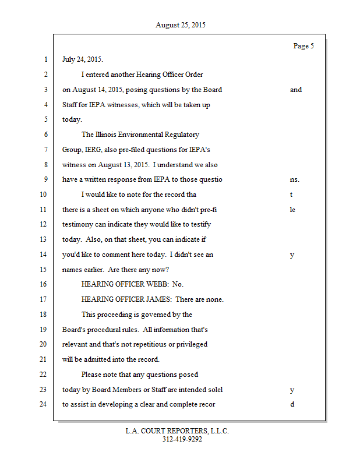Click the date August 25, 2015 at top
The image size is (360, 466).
coord(180,25)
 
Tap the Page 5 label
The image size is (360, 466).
coord(303,46)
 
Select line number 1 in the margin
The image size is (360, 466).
coord(45,59)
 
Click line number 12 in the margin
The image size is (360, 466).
coord(44,224)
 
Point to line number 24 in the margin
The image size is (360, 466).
coord(44,404)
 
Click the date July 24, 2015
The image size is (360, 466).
coord(83,59)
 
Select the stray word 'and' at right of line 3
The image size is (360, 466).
coord(296,90)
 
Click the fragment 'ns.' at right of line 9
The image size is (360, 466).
coord(294,179)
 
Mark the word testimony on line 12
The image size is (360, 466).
coord(77,224)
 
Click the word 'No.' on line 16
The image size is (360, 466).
coord(178,284)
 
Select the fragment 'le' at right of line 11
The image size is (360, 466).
coord(292,210)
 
